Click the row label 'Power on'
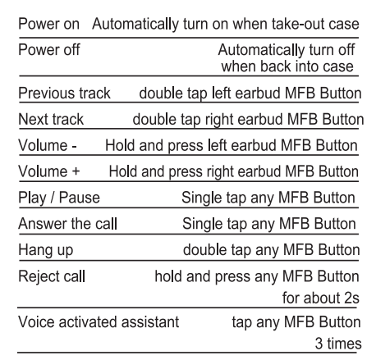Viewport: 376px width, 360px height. tap(48, 24)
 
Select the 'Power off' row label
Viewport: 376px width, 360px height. tap(49, 50)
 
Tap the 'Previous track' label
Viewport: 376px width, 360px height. tap(64, 93)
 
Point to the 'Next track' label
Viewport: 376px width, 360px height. tap(51, 119)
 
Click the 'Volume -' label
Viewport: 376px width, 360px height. tap(48, 145)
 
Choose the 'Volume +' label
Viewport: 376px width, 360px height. tap(49, 171)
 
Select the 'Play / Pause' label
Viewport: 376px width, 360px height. tap(59, 198)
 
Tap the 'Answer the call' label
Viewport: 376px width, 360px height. tap(68, 224)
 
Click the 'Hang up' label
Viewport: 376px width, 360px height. tap(46, 250)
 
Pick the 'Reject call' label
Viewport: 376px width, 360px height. tap(52, 276)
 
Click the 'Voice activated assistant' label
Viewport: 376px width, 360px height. tap(99, 321)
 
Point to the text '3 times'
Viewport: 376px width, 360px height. tap(338, 344)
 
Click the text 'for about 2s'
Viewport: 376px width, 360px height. tap(321, 298)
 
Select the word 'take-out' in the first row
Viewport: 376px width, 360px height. tap(298, 24)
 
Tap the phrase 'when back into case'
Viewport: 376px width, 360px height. tap(287, 66)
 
